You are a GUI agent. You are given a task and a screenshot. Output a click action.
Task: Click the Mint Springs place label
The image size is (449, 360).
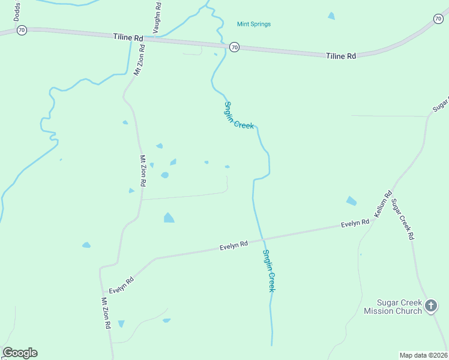pos(254,24)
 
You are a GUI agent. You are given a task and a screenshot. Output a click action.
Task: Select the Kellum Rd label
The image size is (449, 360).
pos(383,203)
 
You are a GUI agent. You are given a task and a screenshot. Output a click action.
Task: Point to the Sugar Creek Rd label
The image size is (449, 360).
pos(403,218)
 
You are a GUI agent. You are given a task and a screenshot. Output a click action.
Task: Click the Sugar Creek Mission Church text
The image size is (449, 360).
pos(393,307)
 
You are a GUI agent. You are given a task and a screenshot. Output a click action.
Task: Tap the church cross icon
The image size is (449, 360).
pos(430,306)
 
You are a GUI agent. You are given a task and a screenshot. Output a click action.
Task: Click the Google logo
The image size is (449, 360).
pos(20,353)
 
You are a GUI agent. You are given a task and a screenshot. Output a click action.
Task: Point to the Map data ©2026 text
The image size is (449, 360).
pos(423,355)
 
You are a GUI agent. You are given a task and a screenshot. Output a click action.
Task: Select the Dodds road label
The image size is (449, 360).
pos(17,11)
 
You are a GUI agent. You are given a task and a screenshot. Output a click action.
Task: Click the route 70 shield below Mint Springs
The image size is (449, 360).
pos(234,47)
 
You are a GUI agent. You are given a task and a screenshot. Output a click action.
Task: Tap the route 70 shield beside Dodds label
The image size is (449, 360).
pos(22,29)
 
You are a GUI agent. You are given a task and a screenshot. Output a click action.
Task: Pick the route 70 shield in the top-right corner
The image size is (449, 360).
pos(438,19)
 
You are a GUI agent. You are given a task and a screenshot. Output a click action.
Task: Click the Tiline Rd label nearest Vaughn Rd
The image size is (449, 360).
pos(128,37)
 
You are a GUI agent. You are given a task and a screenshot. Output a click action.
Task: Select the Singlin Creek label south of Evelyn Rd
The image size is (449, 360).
pos(268,271)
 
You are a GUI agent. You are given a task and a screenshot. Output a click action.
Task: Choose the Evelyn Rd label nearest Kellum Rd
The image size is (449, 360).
pos(355,223)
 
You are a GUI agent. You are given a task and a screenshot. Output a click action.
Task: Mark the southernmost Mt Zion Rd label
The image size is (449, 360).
pos(106,313)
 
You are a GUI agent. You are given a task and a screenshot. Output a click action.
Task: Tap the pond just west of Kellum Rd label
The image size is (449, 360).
pos(351,201)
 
